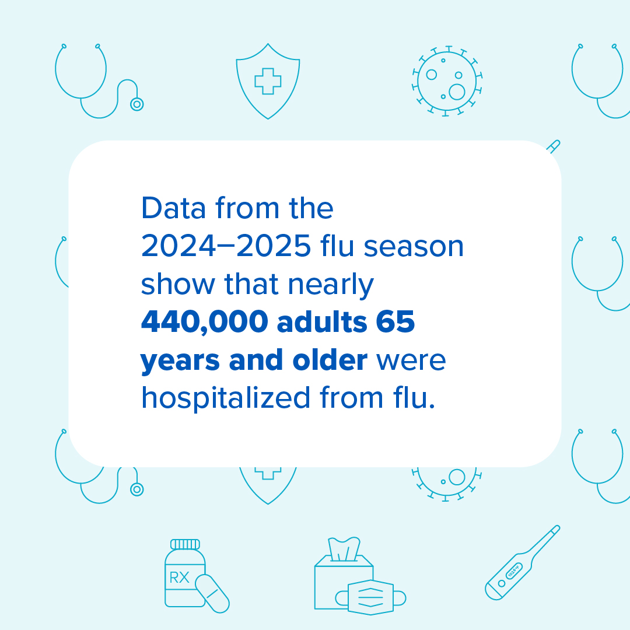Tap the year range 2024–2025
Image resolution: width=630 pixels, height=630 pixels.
225,247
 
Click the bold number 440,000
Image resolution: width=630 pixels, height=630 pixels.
204,323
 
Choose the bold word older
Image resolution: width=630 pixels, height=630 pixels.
330,360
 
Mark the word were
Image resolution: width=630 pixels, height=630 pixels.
411,360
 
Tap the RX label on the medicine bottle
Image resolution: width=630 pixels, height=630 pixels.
180,578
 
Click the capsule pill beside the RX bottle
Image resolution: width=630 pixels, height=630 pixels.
212,593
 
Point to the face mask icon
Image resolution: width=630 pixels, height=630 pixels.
370,597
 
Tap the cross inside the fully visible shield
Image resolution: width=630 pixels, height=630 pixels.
268,80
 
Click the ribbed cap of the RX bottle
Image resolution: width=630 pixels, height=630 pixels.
185,544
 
